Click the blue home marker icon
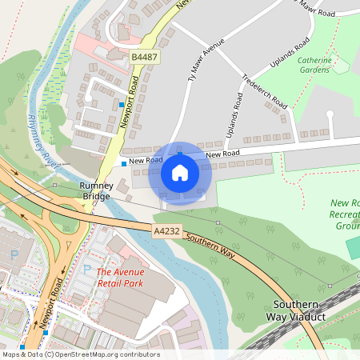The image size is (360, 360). tap(180, 173)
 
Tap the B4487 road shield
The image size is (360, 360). tap(144, 58)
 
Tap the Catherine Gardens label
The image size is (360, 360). tap(314, 65)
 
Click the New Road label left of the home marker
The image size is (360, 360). tap(146, 161)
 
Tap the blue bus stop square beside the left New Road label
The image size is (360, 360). tap(123, 162)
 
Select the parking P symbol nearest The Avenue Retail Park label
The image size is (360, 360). tap(87, 270)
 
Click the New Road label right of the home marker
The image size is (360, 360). tap(222, 154)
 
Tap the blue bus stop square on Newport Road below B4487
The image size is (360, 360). tap(122, 104)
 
